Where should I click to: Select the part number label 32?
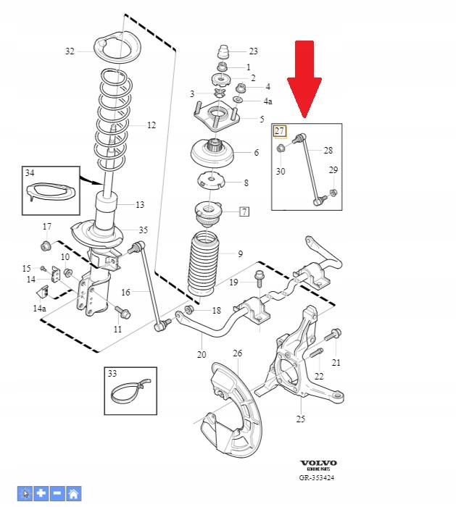(x=70, y=51)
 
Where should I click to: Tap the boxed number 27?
(x=280, y=131)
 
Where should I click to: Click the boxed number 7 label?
(x=244, y=211)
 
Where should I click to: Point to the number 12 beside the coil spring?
(x=151, y=125)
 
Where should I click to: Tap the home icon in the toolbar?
(x=73, y=494)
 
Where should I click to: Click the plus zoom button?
(x=41, y=494)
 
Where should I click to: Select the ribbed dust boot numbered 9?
(x=204, y=264)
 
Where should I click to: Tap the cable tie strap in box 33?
(x=131, y=392)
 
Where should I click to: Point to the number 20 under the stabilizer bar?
(x=202, y=355)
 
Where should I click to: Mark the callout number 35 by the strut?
(x=143, y=230)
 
